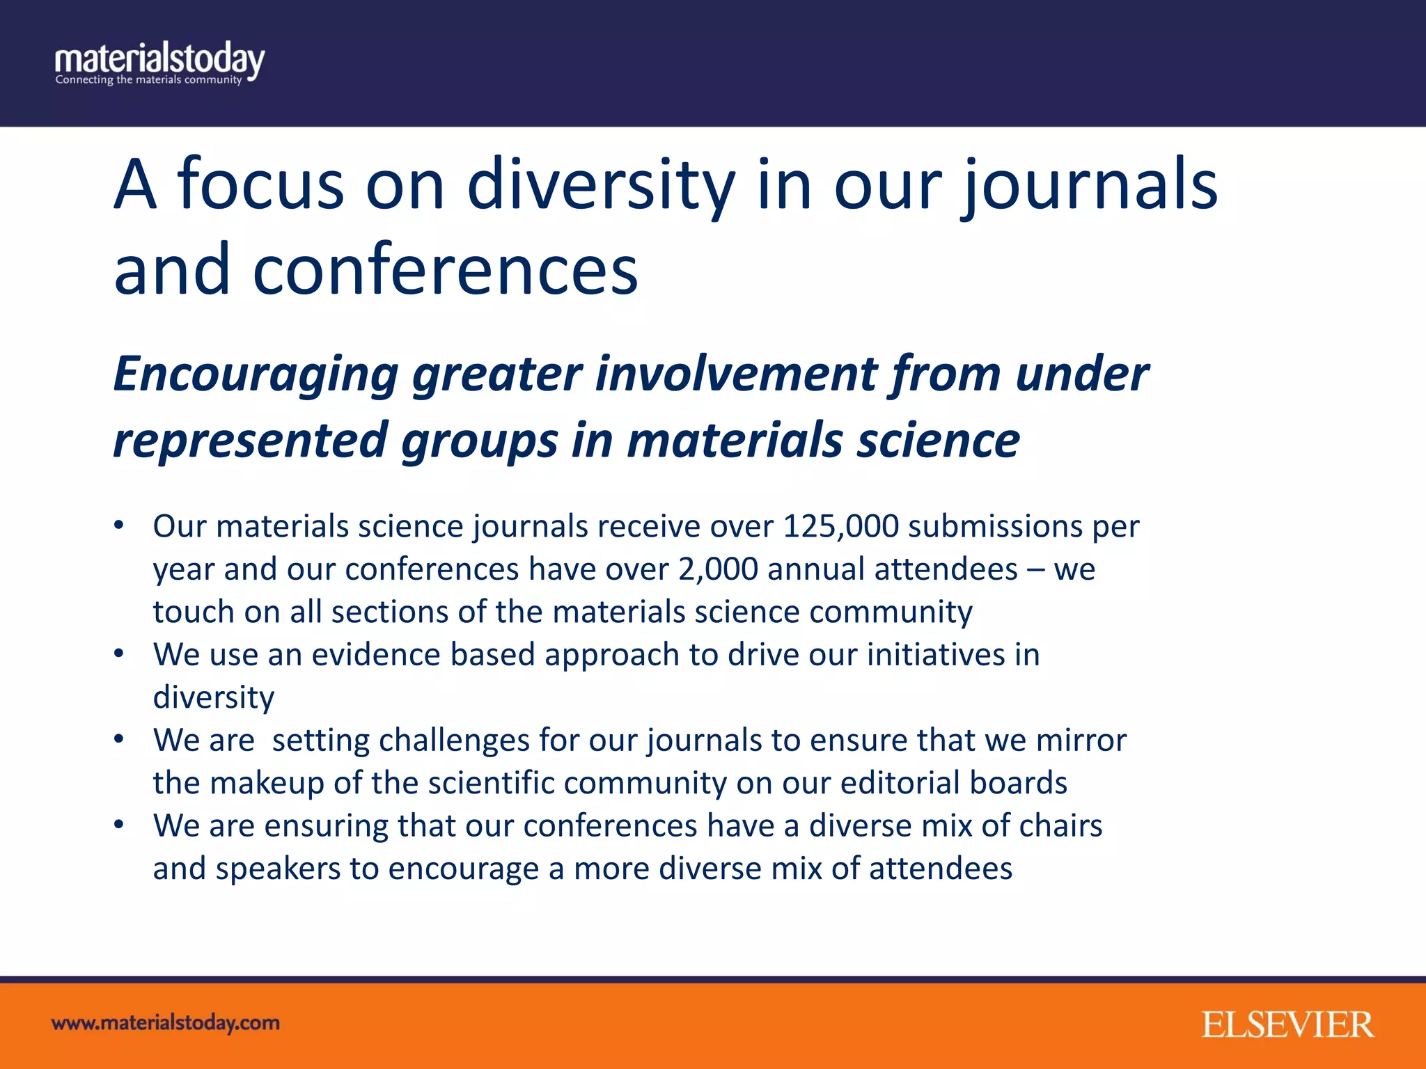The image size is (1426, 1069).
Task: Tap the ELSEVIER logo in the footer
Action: tap(1287, 1025)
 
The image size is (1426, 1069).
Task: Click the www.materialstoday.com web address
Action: tap(166, 1023)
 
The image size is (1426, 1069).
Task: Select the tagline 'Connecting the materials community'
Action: tap(148, 80)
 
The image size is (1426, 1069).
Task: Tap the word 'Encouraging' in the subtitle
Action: tap(255, 374)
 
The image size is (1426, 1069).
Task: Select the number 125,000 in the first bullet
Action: tap(840, 527)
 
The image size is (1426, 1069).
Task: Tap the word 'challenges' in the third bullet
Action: tap(454, 741)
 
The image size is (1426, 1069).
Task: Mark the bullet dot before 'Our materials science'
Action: tap(119, 525)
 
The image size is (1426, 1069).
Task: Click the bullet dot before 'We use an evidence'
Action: tap(119, 654)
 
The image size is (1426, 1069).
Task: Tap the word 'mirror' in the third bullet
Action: tap(1081, 741)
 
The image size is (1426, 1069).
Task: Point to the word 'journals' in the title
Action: tap(1090, 184)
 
